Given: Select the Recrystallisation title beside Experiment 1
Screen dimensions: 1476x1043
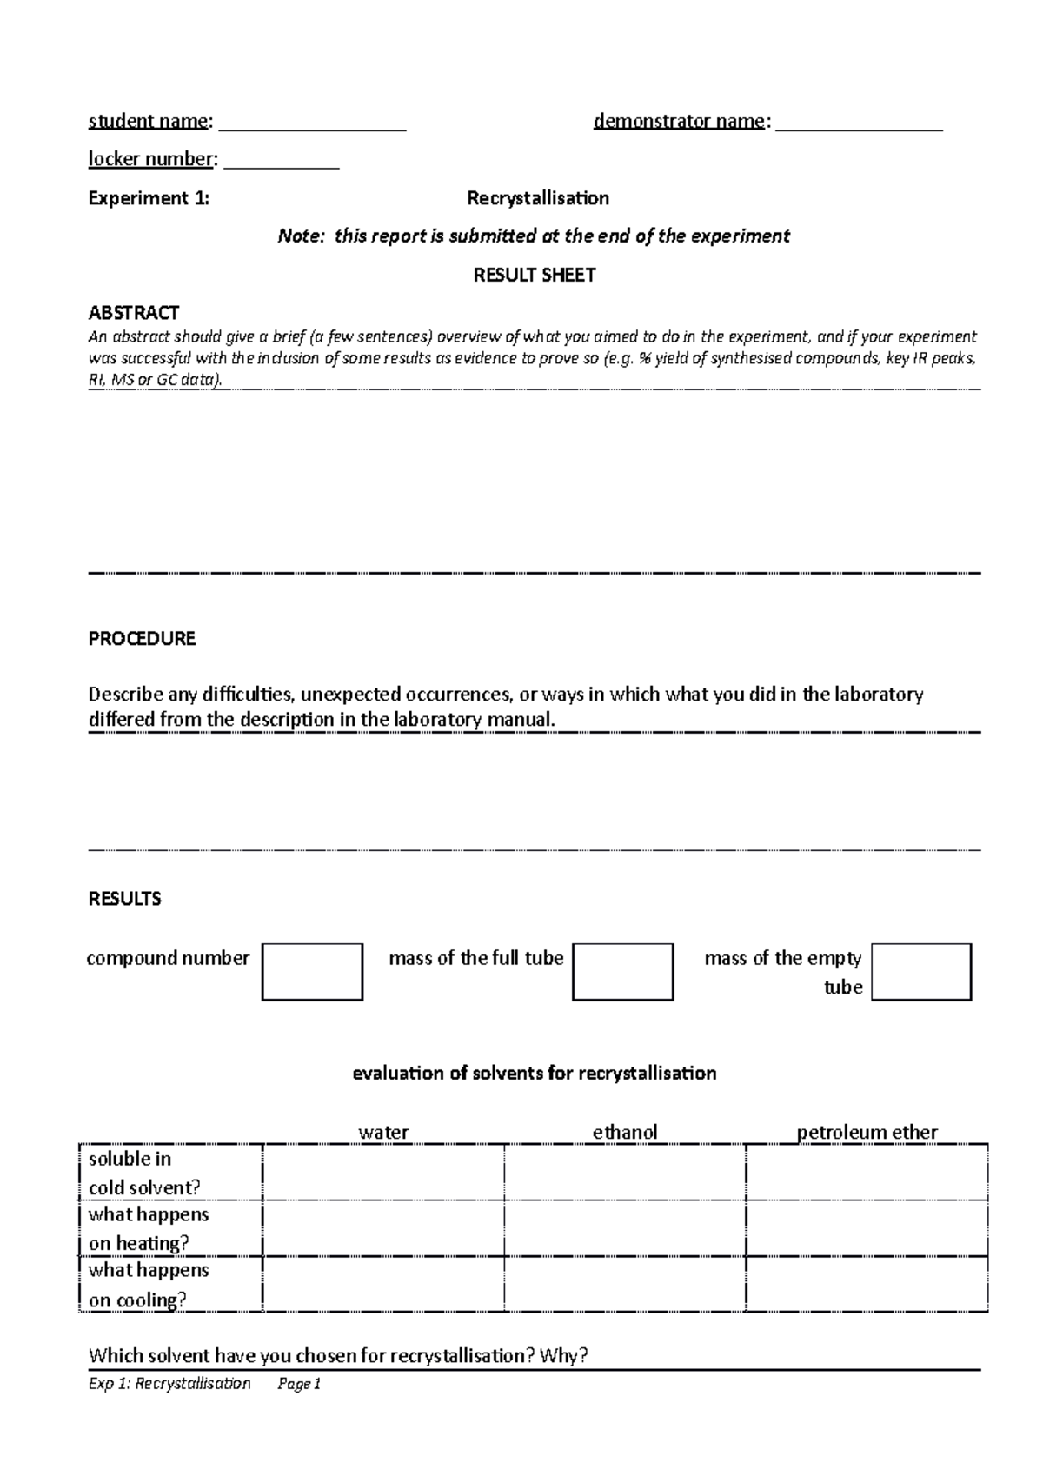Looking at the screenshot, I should (537, 198).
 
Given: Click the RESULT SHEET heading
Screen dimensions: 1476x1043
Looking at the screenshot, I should (534, 276).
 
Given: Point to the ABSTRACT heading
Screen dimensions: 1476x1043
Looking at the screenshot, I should (134, 312).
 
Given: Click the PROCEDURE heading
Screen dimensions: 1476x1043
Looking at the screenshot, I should (142, 639).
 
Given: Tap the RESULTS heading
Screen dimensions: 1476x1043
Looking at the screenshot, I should (124, 899).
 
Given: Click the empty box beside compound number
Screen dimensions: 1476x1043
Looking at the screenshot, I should (312, 972).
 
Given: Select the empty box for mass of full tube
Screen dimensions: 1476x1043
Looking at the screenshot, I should (622, 972).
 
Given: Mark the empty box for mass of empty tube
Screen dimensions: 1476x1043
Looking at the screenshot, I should (920, 972).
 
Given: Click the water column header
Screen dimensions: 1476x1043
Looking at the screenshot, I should (383, 1132).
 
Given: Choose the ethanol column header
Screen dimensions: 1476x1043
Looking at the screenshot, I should (624, 1132).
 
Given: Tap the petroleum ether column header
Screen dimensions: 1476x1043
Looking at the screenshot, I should (867, 1132).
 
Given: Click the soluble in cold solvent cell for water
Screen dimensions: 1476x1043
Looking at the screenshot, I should (383, 1173).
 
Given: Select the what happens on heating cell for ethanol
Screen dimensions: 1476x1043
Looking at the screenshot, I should (624, 1228).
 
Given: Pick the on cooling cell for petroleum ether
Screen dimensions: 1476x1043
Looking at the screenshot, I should (867, 1284).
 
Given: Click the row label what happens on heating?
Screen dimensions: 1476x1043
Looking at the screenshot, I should (149, 1228).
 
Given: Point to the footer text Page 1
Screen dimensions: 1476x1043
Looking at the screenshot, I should (299, 1384).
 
